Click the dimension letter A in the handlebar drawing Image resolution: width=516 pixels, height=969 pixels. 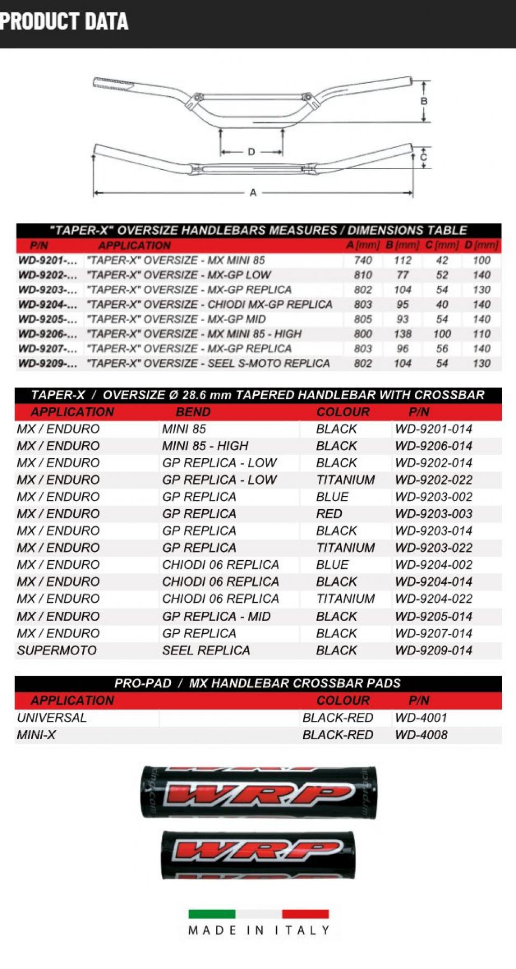(253, 193)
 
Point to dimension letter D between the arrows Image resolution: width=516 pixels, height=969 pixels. (252, 152)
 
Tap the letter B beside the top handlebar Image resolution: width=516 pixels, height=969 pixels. (424, 101)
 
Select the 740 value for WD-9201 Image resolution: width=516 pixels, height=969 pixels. (363, 261)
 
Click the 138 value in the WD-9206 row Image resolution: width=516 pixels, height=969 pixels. (403, 334)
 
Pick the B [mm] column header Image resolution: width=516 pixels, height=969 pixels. (402, 245)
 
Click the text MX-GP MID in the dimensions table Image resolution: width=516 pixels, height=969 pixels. (236, 319)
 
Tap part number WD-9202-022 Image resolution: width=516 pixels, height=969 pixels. (433, 480)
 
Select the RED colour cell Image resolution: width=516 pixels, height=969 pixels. (329, 514)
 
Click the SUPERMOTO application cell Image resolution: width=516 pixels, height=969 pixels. (57, 650)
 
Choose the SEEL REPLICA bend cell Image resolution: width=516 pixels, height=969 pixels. (206, 650)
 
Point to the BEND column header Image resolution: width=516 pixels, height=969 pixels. (193, 412)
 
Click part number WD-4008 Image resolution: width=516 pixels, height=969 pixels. (421, 735)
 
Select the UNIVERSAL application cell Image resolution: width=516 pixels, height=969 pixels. (52, 718)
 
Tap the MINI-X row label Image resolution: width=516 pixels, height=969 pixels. (37, 735)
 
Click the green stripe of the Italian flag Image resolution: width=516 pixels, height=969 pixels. (212, 914)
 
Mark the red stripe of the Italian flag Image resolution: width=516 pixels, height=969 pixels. (305, 914)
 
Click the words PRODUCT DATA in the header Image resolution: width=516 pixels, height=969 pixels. (64, 21)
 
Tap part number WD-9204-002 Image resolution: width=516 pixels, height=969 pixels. (433, 565)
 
